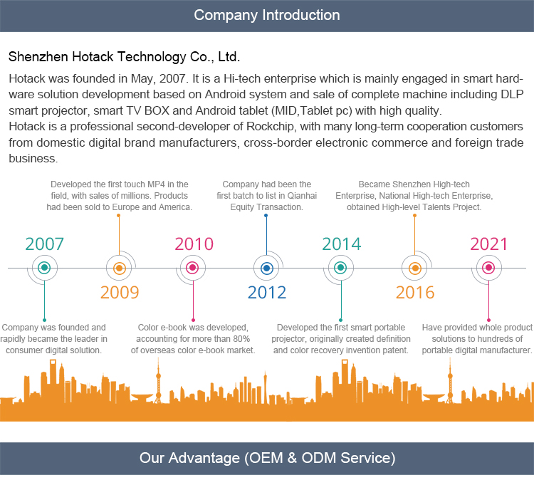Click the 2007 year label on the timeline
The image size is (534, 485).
point(45,244)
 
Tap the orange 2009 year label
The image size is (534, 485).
point(120,292)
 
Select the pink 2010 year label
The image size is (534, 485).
point(194,244)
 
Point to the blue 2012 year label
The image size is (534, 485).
point(267,292)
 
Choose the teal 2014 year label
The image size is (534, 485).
point(342,244)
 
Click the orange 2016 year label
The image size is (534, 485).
point(415,292)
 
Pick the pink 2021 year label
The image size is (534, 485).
point(489,244)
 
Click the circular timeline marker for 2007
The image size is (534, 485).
point(45,268)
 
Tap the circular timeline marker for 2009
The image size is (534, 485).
point(120,268)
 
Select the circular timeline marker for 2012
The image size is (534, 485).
point(267,268)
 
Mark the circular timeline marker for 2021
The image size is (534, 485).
point(488,268)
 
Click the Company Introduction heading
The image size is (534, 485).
point(267,15)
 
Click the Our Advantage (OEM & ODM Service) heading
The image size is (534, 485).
point(267,457)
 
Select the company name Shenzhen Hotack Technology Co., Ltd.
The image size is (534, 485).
point(124,56)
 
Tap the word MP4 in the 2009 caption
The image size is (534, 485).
point(154,184)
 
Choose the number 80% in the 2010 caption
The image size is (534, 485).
point(239,339)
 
